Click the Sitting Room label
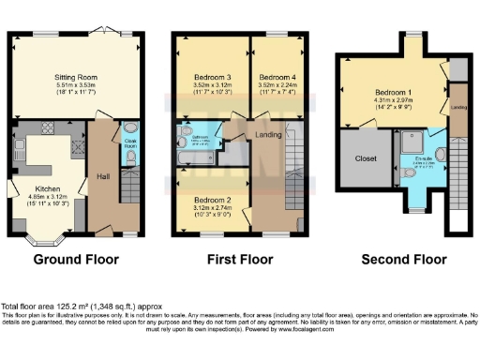point(76,78)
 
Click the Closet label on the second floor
point(367,159)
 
